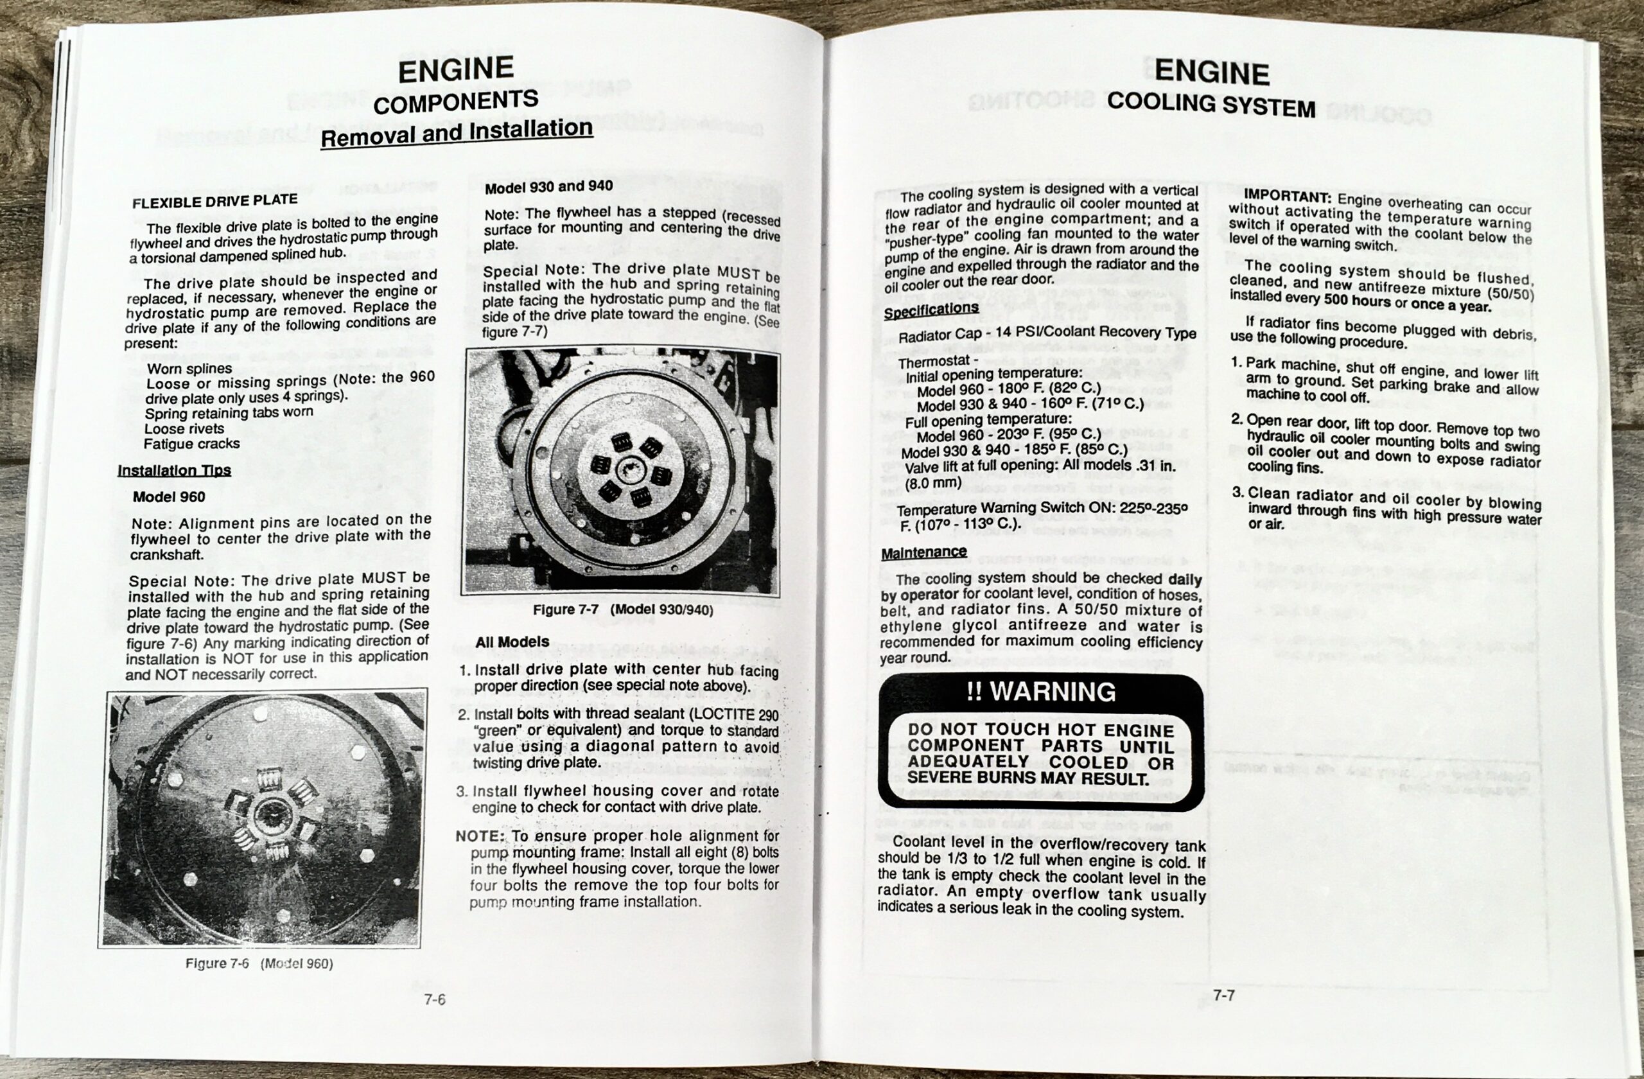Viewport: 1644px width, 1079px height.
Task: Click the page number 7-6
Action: pyautogui.click(x=435, y=999)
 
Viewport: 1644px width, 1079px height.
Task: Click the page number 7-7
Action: pyautogui.click(x=1223, y=996)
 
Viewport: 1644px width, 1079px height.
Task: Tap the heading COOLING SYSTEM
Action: pyautogui.click(x=1211, y=104)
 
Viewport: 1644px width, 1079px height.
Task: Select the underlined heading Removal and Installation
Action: pyautogui.click(x=457, y=132)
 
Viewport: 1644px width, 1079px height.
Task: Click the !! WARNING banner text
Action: pyautogui.click(x=1041, y=692)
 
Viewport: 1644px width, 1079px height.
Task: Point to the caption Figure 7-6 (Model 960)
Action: pyautogui.click(x=259, y=963)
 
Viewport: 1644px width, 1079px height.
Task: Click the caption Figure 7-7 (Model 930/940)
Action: pyautogui.click(x=622, y=610)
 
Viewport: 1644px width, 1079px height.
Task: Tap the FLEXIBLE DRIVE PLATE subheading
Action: pyautogui.click(x=215, y=201)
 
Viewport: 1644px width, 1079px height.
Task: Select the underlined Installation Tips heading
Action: pyautogui.click(x=174, y=470)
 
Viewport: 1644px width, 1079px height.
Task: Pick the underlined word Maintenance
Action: pyautogui.click(x=923, y=552)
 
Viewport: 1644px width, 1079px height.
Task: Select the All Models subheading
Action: pyautogui.click(x=512, y=642)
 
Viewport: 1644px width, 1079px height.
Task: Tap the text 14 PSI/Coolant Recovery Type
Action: pyautogui.click(x=1087, y=333)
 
